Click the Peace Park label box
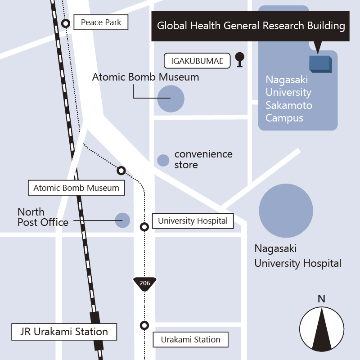click(101, 22)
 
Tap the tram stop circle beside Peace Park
click(66, 23)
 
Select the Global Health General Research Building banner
click(251, 26)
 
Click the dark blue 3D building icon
click(320, 64)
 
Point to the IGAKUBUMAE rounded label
click(197, 61)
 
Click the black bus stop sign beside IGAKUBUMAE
click(240, 60)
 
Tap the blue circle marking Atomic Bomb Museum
click(171, 99)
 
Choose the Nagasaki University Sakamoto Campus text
click(288, 99)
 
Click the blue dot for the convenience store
click(163, 160)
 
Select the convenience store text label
click(203, 159)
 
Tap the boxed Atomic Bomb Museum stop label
click(76, 188)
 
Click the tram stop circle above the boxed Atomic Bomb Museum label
click(121, 171)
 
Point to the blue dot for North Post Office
click(122, 220)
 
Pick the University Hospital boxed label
click(193, 221)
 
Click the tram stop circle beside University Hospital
click(144, 227)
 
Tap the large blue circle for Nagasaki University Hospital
click(286, 211)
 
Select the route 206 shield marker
click(144, 284)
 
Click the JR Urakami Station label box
click(64, 332)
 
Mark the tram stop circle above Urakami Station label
click(144, 325)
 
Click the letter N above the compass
click(321, 299)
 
